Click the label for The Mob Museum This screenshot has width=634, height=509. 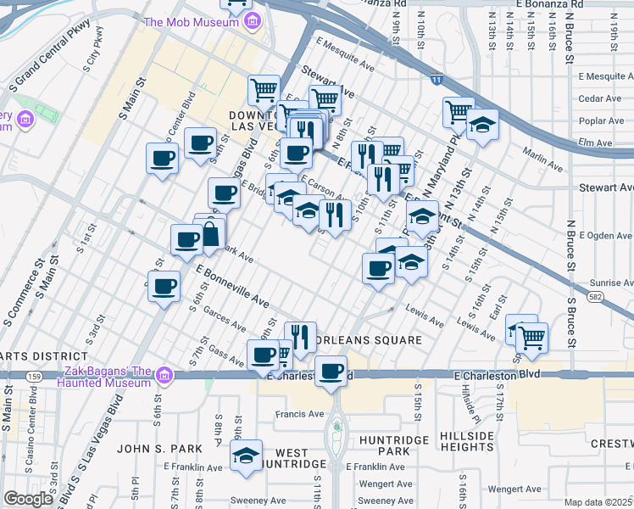[x=191, y=22]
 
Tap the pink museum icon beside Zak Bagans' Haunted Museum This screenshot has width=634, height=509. [x=165, y=374]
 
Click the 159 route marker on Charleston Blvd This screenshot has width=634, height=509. [x=34, y=374]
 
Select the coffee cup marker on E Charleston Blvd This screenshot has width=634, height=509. [x=331, y=371]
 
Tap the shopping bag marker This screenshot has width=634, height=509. [x=210, y=233]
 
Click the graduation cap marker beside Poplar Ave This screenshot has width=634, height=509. [x=482, y=125]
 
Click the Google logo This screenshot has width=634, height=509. [x=28, y=499]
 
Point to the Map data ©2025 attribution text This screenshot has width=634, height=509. [x=598, y=502]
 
